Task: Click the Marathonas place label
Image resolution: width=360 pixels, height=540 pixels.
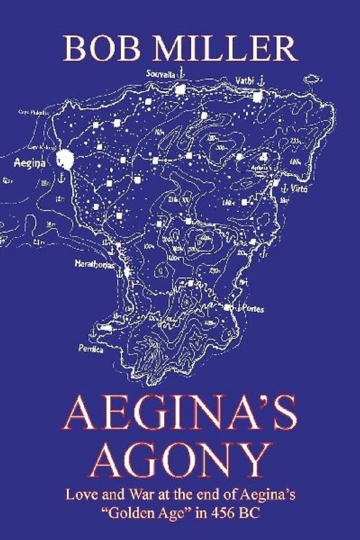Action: (96, 265)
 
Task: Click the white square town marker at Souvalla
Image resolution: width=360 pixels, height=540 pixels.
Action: (180, 89)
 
